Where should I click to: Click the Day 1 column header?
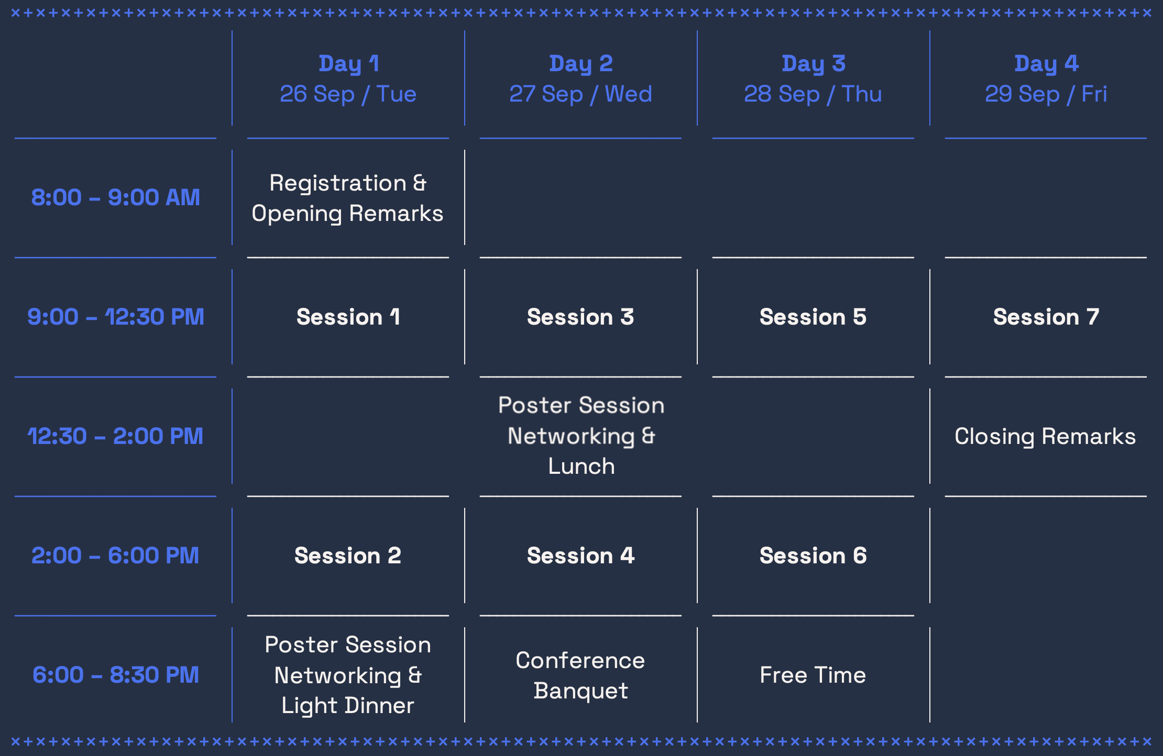pyautogui.click(x=348, y=63)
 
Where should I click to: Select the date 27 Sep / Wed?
pyautogui.click(x=580, y=94)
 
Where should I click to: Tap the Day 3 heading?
pyautogui.click(x=814, y=63)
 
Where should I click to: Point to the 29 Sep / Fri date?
pyautogui.click(x=1046, y=94)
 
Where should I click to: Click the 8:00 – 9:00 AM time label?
pyautogui.click(x=116, y=197)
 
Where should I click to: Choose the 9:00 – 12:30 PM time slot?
pyautogui.click(x=116, y=317)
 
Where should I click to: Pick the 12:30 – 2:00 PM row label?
pyautogui.click(x=116, y=436)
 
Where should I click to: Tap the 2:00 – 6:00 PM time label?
pyautogui.click(x=116, y=555)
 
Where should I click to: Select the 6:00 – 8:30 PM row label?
pyautogui.click(x=116, y=675)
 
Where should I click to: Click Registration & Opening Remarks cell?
pyautogui.click(x=348, y=198)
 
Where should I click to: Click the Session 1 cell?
pyautogui.click(x=348, y=317)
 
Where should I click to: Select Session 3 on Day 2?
pyautogui.click(x=580, y=317)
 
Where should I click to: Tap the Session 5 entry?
pyautogui.click(x=813, y=317)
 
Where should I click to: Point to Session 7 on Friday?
pyautogui.click(x=1046, y=317)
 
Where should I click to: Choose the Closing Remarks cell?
pyautogui.click(x=1045, y=437)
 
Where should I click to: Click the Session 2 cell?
pyautogui.click(x=348, y=555)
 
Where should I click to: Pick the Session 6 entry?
pyautogui.click(x=813, y=555)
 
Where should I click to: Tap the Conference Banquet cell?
pyautogui.click(x=580, y=675)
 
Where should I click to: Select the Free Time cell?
pyautogui.click(x=813, y=675)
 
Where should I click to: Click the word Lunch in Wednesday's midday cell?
pyautogui.click(x=581, y=466)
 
